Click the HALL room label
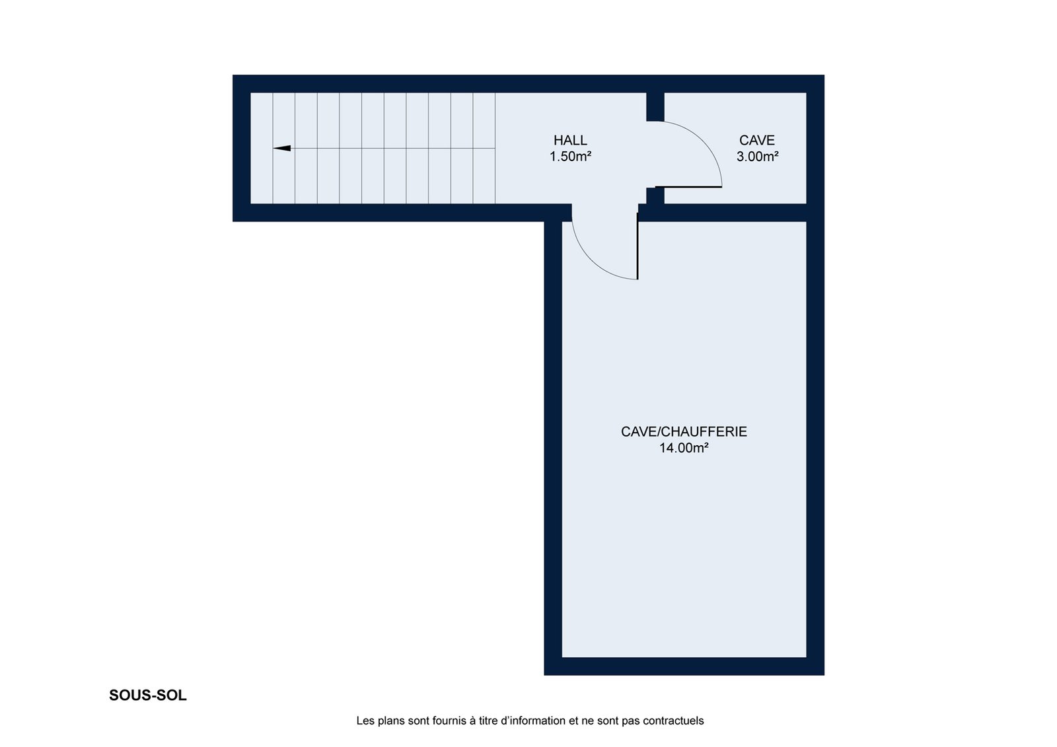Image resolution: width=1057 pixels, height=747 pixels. [570, 140]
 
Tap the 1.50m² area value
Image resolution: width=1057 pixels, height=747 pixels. [570, 156]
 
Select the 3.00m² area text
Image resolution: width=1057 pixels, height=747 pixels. [757, 156]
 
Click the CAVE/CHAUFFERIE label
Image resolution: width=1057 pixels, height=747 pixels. [684, 432]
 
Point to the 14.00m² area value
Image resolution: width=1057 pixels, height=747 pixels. [684, 448]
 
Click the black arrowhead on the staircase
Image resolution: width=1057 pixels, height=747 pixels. [281, 148]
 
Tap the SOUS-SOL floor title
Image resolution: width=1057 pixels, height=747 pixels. [148, 695]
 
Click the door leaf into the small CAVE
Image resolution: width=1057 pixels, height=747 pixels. [688, 187]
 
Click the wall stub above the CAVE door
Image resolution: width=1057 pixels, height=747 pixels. [655, 106]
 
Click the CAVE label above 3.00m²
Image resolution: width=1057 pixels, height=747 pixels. [757, 140]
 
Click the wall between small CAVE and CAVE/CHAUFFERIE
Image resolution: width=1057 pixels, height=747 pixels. [731, 213]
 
